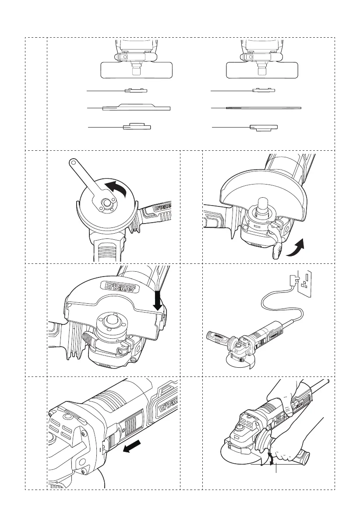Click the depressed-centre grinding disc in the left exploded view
coord(136,107)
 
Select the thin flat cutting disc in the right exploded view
coord(263,107)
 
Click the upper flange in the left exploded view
coord(136,91)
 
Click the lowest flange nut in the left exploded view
coord(137,127)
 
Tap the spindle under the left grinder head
coord(136,70)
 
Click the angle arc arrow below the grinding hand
coord(272,460)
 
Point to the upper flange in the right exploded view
coord(264,91)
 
